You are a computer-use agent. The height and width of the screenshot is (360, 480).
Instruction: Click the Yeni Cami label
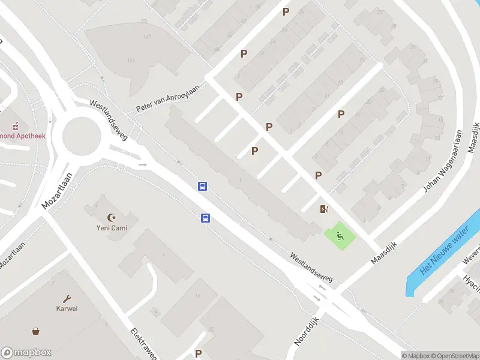pos(112,228)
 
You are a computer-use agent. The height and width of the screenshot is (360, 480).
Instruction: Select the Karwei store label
pos(67,309)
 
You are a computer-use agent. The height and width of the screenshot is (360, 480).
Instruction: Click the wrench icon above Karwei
pos(67,298)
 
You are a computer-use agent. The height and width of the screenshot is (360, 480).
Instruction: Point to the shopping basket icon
pos(37,331)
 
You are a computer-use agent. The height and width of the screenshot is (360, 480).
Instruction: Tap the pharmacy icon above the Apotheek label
pos(17,126)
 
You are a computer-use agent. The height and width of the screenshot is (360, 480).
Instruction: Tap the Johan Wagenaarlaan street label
pos(443,161)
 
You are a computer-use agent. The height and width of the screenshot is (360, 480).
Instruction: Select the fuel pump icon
pos(325,209)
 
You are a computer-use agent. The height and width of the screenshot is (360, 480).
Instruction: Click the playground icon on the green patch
pos(340,235)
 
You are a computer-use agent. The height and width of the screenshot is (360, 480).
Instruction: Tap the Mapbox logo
pos(27,352)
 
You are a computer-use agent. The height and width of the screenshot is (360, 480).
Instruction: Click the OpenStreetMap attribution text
pos(455,356)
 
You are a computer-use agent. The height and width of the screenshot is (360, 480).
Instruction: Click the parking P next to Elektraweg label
pos(198,353)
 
